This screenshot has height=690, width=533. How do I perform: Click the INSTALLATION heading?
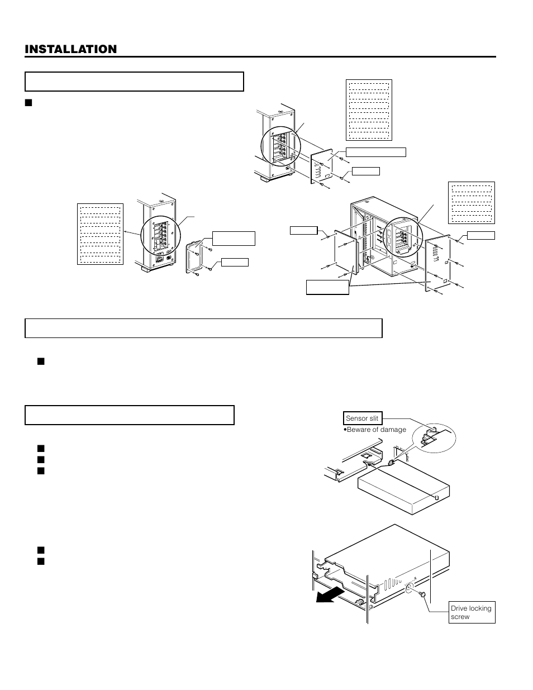[71, 49]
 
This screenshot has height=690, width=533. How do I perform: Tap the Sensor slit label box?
[362, 418]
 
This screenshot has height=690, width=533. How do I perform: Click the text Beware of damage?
[376, 430]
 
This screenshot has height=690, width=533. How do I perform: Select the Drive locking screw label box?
[472, 612]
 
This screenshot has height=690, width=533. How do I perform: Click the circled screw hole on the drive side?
[409, 588]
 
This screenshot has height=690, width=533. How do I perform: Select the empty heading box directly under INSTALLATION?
[134, 82]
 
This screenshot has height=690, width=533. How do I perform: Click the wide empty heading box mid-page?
[203, 328]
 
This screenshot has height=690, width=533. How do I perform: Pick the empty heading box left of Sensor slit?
[129, 415]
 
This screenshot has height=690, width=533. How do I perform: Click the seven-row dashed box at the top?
[369, 110]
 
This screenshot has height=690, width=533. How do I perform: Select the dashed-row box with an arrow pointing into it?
[100, 234]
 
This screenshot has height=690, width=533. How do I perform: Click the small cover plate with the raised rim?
[194, 259]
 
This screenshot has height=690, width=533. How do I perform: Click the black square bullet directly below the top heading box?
[29, 102]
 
